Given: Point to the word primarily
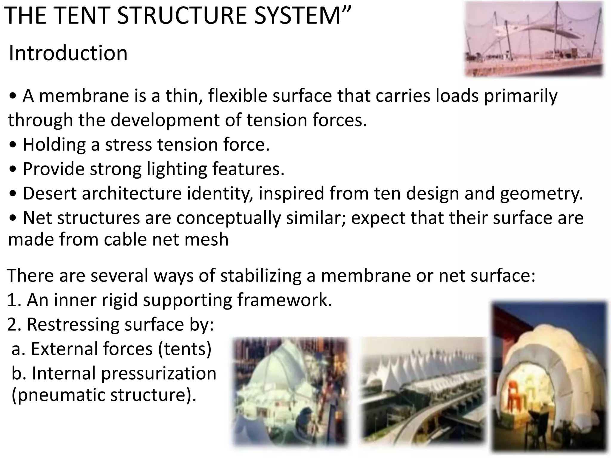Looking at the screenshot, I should click(520, 96).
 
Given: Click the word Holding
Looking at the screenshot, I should click(54, 145).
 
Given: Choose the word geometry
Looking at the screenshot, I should click(541, 193).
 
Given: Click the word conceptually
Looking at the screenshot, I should click(229, 218).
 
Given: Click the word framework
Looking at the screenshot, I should click(284, 300).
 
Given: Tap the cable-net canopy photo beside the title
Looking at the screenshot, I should click(534, 39).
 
